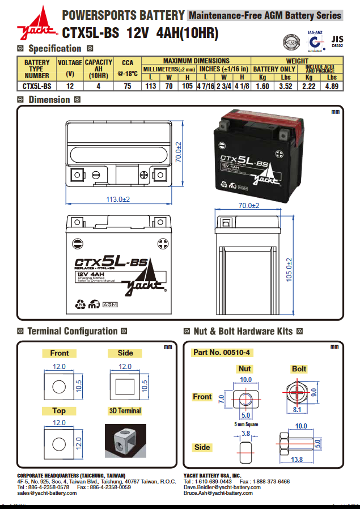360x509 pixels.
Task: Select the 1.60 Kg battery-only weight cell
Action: (262, 86)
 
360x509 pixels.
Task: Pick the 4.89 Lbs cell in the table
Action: (331, 86)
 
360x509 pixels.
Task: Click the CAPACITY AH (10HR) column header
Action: (99, 69)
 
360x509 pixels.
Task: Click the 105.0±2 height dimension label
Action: (289, 270)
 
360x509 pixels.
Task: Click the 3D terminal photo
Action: (125, 441)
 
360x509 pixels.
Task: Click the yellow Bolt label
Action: (299, 369)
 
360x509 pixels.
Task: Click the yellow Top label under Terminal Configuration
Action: (59, 410)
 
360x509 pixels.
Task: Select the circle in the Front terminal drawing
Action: (59, 388)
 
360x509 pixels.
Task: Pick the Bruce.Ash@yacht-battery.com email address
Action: (218, 493)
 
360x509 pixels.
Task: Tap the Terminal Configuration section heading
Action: (73, 331)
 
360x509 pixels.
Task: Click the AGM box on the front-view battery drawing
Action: (109, 305)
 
